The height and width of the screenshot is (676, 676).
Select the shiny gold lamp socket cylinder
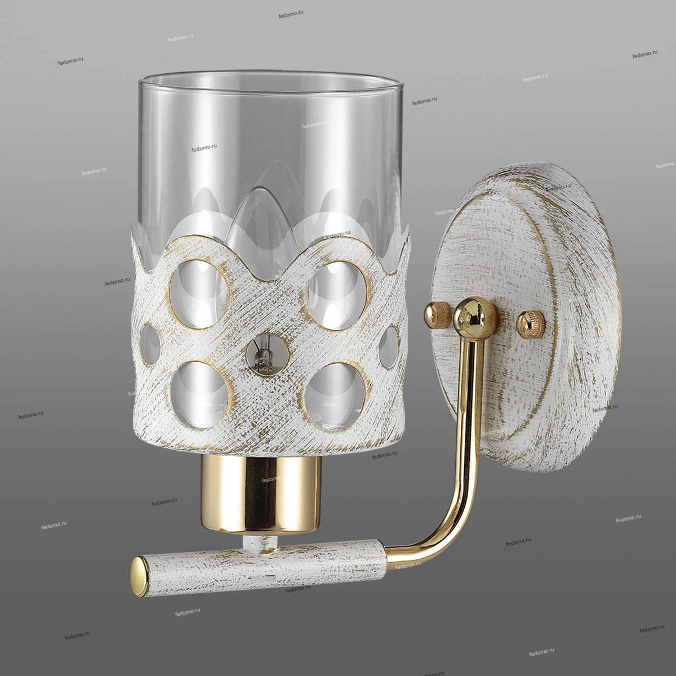[261, 498]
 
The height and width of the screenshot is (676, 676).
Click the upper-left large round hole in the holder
[200, 294]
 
